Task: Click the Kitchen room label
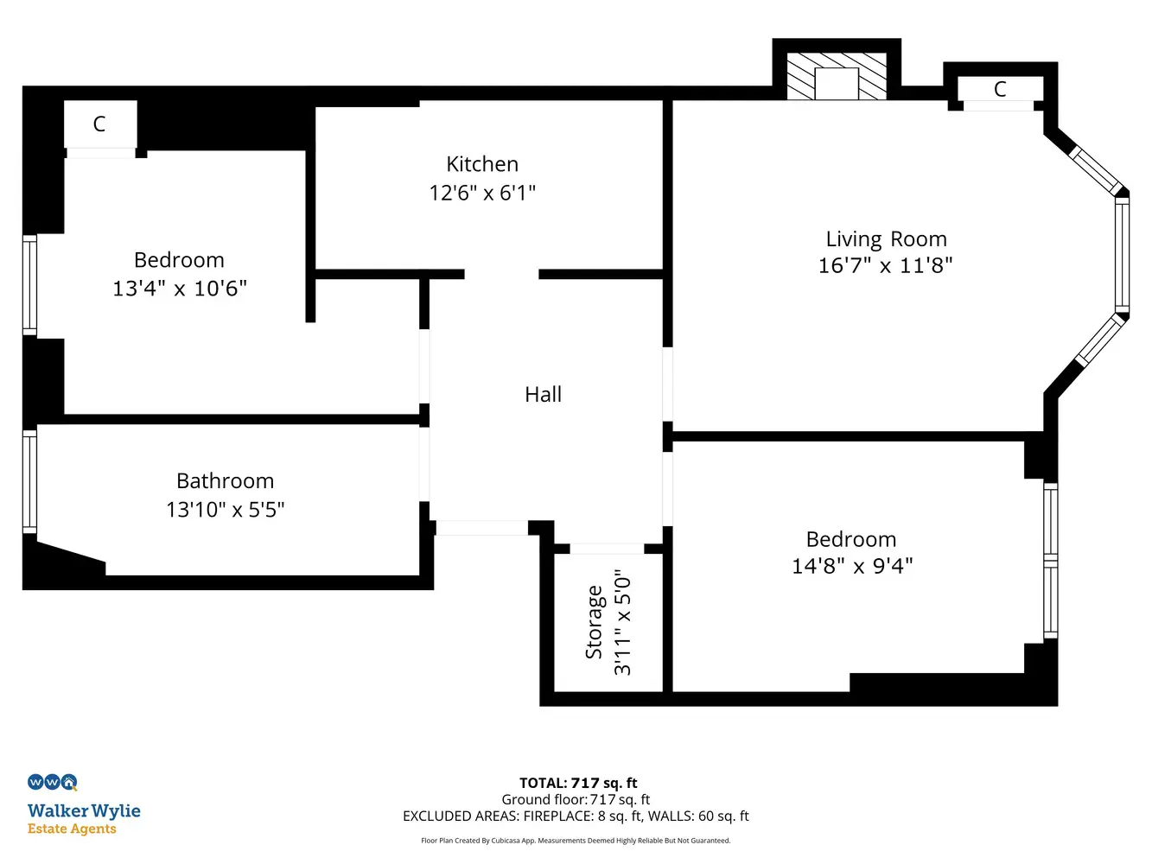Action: tap(482, 164)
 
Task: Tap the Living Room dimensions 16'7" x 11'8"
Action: tap(885, 265)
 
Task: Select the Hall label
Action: tap(544, 395)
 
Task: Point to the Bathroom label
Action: tap(226, 481)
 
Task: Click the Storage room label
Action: tap(594, 622)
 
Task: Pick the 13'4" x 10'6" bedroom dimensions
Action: tap(180, 289)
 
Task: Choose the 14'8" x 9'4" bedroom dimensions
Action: tap(852, 566)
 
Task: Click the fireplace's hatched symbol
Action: tap(837, 76)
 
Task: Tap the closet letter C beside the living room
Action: tap(1000, 89)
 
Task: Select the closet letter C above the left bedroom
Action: tap(99, 124)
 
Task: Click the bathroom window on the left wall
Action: tap(30, 482)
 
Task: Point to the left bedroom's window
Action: tap(30, 285)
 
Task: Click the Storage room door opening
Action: tap(607, 549)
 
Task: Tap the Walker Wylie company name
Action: tap(84, 811)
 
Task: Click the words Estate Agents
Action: tap(72, 829)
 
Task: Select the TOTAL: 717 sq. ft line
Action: tap(578, 783)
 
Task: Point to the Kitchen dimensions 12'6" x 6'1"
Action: tap(482, 193)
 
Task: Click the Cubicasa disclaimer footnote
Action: tap(576, 841)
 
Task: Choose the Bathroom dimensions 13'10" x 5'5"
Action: tap(226, 510)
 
